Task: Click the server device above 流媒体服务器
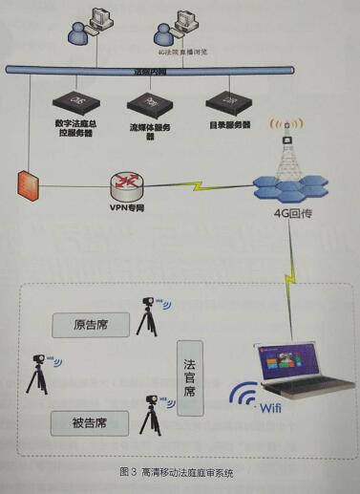[149, 99]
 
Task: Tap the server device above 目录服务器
[228, 99]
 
